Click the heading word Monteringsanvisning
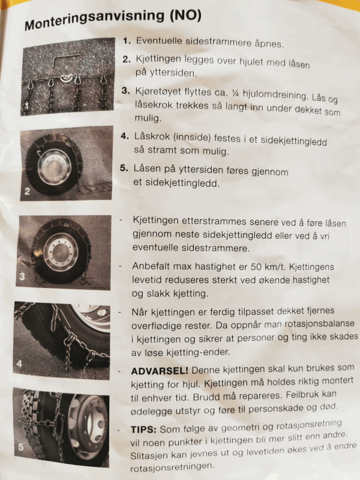[94, 19]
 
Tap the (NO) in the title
[186, 16]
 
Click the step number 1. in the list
[127, 41]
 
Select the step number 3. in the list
[125, 91]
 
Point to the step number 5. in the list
[124, 168]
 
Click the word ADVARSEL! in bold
[160, 371]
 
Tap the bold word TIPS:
[143, 429]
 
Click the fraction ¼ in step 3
[235, 93]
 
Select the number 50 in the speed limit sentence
[256, 266]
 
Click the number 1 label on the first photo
[26, 106]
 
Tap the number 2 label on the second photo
[27, 191]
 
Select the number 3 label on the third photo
[22, 277]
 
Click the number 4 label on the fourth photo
[19, 364]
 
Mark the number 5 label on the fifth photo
[21, 447]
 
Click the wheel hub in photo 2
[55, 167]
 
